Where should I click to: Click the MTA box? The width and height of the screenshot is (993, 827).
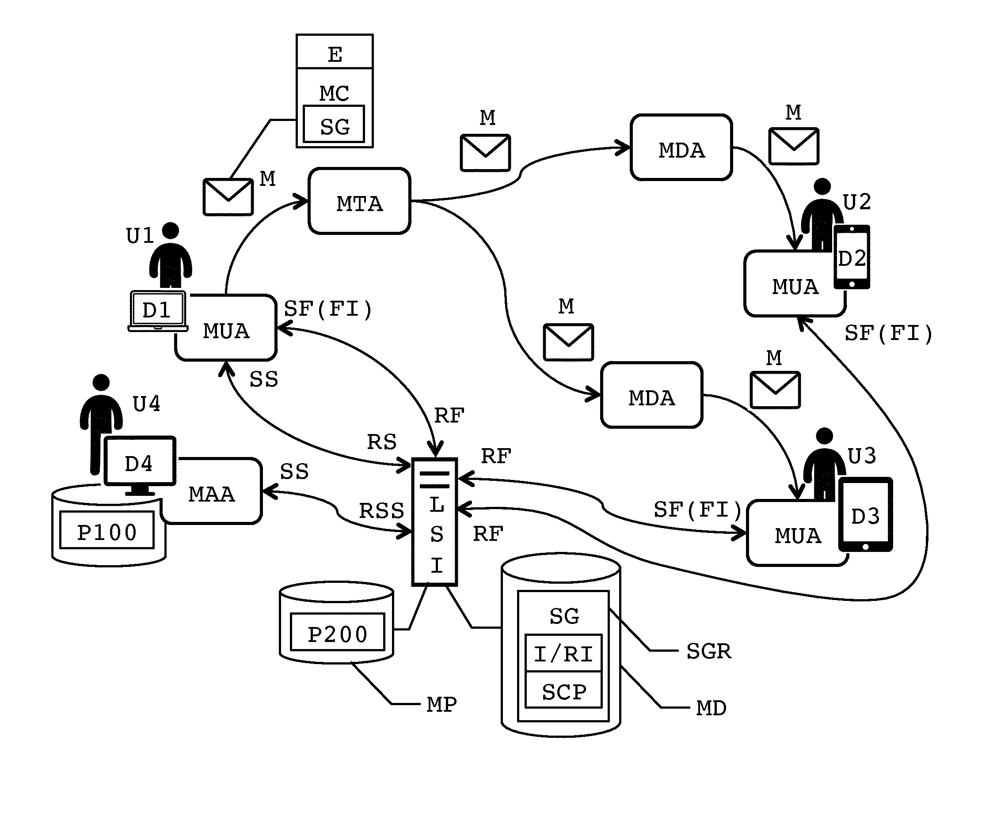point(359,201)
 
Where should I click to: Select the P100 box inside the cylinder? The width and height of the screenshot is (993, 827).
point(107,530)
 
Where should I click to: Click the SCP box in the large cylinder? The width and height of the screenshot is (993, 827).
point(563,690)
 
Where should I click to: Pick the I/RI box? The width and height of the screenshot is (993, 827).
point(563,653)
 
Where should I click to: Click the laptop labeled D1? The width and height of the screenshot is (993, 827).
point(158,311)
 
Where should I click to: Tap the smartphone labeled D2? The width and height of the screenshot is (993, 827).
point(852,257)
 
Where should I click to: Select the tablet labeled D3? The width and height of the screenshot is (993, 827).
point(865,514)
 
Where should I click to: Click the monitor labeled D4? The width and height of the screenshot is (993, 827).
point(140,465)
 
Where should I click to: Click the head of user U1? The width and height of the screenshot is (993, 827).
point(170,230)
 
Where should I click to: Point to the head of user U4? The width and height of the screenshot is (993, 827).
point(101,382)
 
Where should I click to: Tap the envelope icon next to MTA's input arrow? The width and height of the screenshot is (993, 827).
point(228,197)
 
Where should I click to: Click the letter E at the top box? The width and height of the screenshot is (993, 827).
point(335,54)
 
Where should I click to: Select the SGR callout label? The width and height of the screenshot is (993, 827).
point(708,651)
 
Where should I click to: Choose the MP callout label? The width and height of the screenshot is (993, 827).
point(441,705)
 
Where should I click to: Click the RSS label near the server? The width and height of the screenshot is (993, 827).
point(381,511)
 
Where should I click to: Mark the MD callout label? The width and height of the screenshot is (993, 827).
point(711,708)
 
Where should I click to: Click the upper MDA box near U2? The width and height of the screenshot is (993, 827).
point(681,147)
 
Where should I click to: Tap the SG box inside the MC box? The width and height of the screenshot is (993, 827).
point(334,124)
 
